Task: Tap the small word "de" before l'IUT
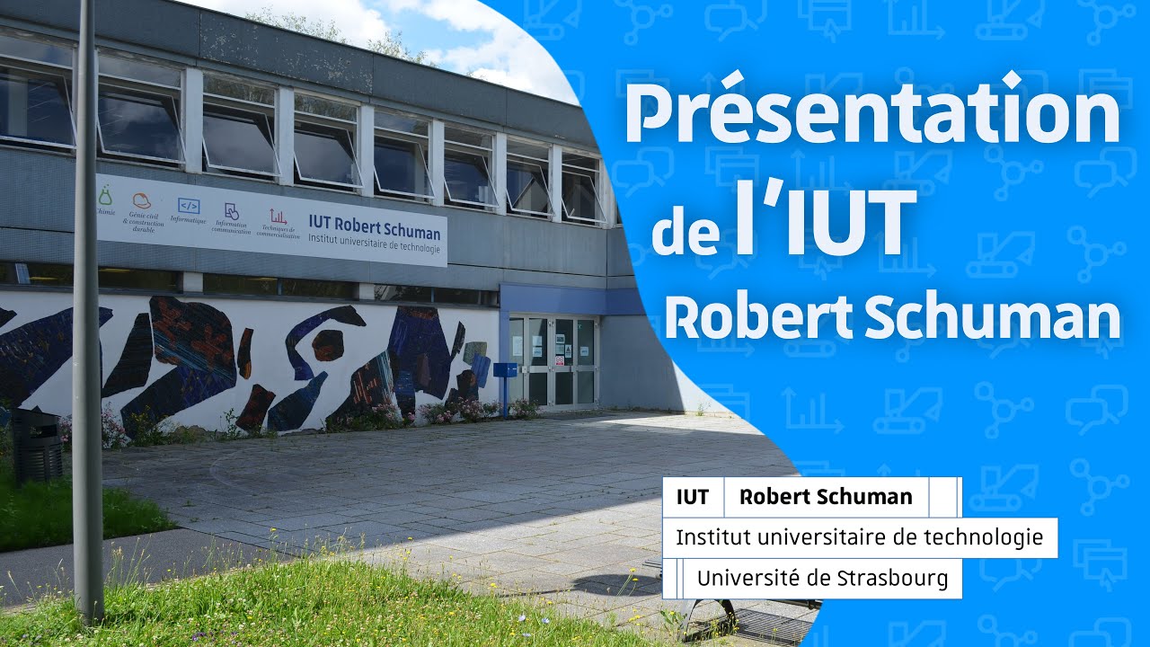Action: (x=686, y=232)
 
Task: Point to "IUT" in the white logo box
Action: (x=693, y=497)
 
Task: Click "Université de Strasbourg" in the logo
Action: (x=822, y=578)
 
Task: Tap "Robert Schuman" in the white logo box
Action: (x=826, y=497)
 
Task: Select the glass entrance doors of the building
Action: (x=553, y=359)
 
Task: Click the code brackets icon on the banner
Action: (x=188, y=206)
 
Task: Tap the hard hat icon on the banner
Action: (x=141, y=200)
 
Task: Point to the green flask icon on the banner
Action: (x=106, y=195)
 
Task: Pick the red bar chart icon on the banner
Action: (x=278, y=216)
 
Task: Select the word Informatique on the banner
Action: (x=188, y=221)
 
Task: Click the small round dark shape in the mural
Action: (x=327, y=344)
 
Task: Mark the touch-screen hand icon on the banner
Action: (x=232, y=211)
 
